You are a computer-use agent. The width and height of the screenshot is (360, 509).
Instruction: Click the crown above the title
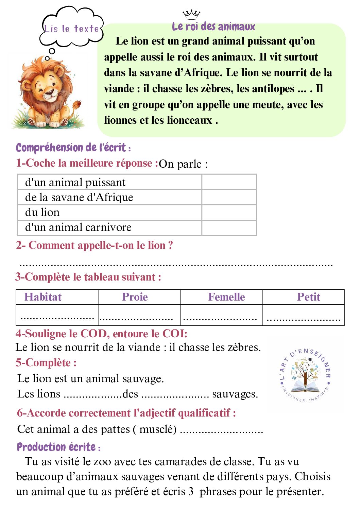tap(191, 14)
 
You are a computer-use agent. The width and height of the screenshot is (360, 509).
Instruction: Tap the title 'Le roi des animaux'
tap(213, 26)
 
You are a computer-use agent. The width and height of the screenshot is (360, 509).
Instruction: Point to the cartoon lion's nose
tap(50, 92)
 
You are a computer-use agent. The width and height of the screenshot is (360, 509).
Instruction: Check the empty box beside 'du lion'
tap(229, 213)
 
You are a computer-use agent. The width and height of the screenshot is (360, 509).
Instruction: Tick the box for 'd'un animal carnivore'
tap(229, 227)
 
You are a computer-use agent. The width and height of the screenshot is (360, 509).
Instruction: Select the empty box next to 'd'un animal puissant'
tap(229, 182)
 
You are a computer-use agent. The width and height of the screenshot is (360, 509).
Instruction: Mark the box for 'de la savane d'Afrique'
tap(229, 197)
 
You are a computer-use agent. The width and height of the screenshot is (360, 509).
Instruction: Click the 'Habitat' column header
tap(43, 297)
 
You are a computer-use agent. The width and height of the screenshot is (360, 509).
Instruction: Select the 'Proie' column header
tap(135, 297)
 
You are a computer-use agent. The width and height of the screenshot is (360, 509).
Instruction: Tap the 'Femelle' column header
tap(226, 297)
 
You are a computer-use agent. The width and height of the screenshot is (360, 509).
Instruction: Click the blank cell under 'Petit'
tap(303, 315)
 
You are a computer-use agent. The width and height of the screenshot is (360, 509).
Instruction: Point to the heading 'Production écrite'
tap(56, 447)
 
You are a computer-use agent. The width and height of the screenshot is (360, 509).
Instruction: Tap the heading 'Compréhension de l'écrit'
tap(71, 148)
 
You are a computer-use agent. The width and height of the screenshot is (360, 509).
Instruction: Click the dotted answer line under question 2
tap(176, 264)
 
